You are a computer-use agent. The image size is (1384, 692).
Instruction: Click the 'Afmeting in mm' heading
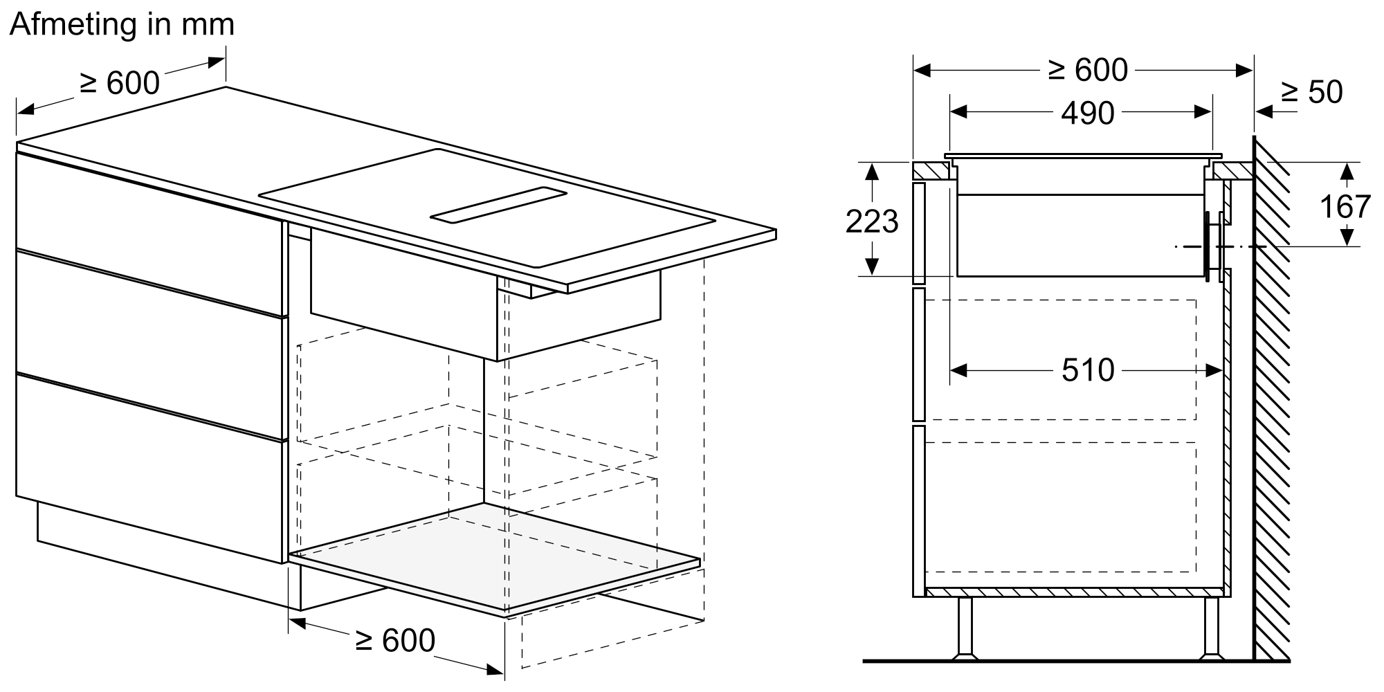pos(122,25)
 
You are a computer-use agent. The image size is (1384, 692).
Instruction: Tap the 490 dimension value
pos(1087,113)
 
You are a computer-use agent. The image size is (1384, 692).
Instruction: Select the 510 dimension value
pos(1088,370)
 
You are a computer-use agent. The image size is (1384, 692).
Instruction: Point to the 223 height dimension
pos(872,221)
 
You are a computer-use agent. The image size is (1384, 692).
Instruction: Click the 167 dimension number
pos(1345,206)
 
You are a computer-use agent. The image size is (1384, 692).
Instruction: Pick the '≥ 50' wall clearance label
pos(1311,92)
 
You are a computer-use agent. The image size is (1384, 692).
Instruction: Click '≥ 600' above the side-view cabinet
pos(1087,70)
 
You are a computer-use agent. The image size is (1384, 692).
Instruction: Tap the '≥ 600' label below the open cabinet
pos(394,640)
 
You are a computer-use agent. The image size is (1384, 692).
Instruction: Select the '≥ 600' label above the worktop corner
pos(120,83)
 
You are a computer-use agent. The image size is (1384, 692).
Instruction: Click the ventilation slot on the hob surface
pos(498,206)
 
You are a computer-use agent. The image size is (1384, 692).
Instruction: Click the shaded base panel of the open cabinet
pos(495,557)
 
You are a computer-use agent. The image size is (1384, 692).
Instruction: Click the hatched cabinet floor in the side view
pos(1074,592)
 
